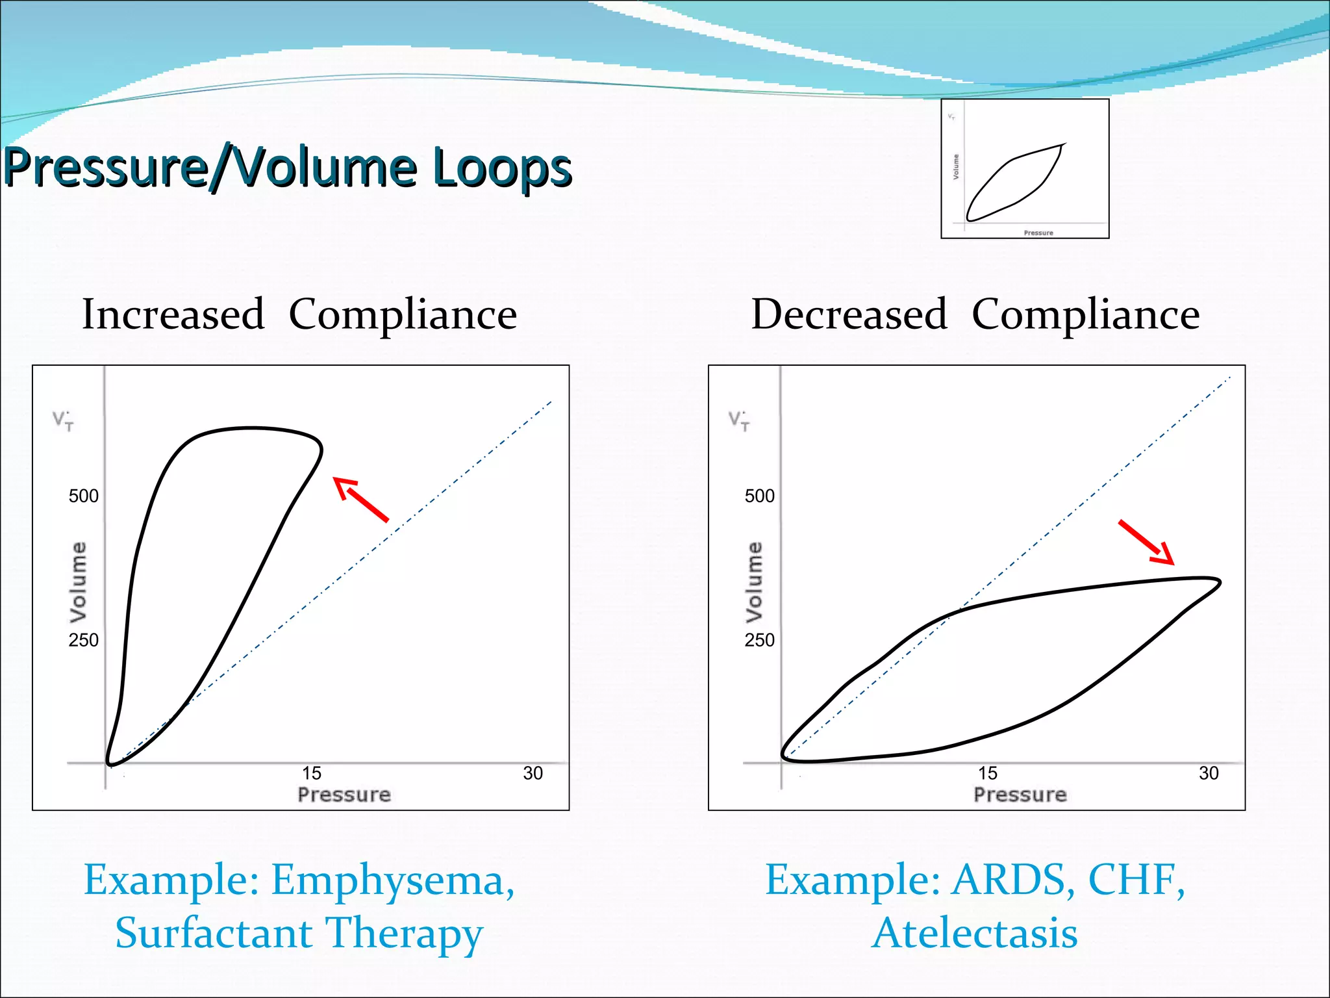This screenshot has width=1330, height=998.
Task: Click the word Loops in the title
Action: [502, 168]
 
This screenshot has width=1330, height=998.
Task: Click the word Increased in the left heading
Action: [173, 314]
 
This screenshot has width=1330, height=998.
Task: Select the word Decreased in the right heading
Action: [849, 314]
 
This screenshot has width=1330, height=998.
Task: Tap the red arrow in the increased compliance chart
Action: [360, 499]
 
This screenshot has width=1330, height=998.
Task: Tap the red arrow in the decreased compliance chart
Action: [1146, 542]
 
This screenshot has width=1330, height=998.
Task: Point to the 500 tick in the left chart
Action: [84, 496]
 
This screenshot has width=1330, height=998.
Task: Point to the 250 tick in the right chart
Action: [759, 640]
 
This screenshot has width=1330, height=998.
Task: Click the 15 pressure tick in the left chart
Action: [312, 773]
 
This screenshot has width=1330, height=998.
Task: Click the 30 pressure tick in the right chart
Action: [1209, 773]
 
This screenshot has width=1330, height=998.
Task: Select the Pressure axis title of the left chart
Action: [344, 795]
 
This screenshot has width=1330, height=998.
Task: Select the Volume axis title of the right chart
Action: [753, 582]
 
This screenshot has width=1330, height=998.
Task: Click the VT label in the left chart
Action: [63, 420]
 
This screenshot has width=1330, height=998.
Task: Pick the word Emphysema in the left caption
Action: [393, 880]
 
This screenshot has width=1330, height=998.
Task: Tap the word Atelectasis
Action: [974, 933]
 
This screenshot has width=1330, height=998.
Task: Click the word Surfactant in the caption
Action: [214, 933]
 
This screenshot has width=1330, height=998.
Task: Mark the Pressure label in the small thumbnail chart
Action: [1038, 233]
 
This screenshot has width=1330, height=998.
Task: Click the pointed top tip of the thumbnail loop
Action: [1064, 145]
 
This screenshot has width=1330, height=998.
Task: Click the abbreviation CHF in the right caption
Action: [1136, 880]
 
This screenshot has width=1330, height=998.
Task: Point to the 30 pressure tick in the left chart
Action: [533, 773]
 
